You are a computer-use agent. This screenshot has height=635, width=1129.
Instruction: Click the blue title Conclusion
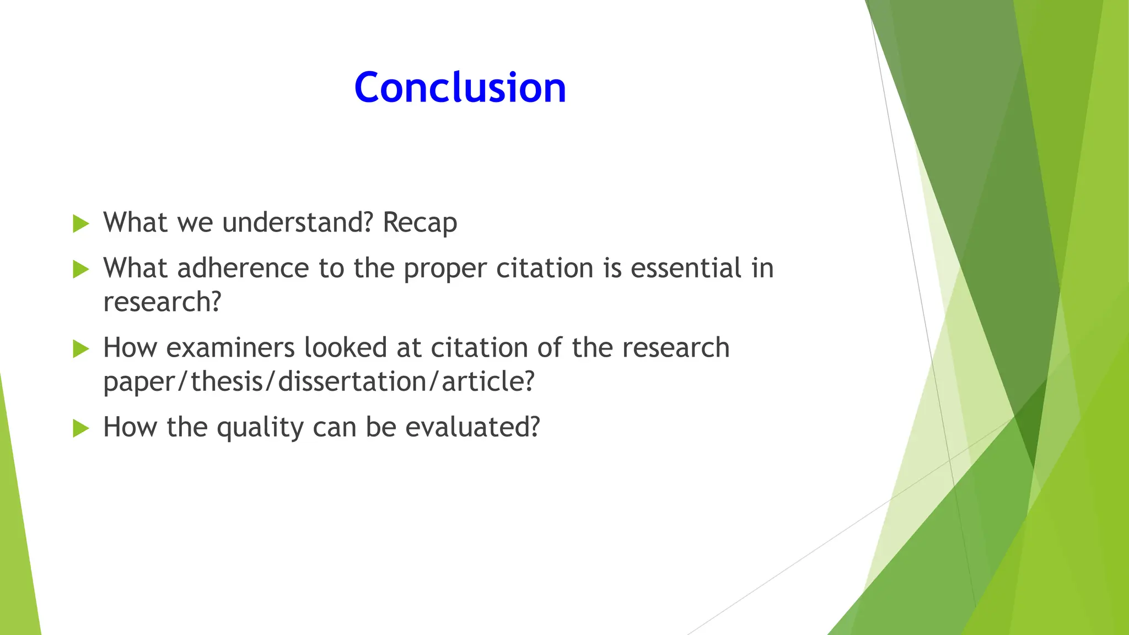coord(460,88)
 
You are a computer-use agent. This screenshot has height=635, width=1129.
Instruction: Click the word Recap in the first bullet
coord(420,223)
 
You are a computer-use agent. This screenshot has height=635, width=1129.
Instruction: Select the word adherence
coord(243,268)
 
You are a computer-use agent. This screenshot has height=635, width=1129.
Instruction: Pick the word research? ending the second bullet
coord(162,302)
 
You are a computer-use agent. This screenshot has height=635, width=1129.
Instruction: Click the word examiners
coord(230,348)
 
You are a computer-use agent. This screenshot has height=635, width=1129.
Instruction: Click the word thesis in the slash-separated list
coord(227,381)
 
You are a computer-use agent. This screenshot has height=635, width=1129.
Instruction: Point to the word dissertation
coord(352,381)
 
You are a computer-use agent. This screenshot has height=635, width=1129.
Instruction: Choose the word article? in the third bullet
coord(488,381)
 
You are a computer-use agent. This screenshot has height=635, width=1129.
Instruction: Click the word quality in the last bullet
coord(260,428)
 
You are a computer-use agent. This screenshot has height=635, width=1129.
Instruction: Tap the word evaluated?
coord(472,427)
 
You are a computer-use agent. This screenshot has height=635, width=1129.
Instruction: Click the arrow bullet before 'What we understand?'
coord(80,224)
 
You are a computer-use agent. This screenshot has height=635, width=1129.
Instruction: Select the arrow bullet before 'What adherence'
coord(80,270)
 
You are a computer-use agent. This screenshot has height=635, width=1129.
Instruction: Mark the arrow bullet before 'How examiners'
coord(80,349)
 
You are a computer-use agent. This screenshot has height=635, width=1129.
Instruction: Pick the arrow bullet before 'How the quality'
coord(80,428)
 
